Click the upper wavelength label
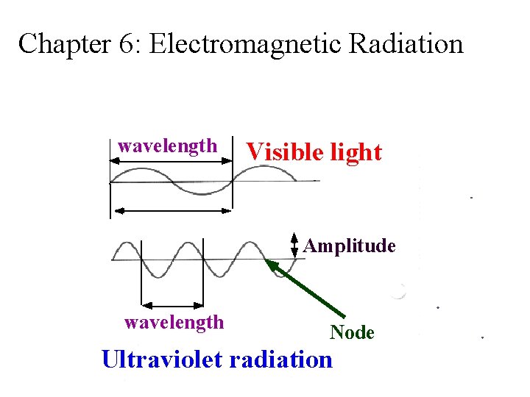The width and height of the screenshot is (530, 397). coord(168,146)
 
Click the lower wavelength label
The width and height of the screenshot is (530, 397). coord(174,321)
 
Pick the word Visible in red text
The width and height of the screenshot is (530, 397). coord(282,152)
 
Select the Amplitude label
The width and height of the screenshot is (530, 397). coord(350,246)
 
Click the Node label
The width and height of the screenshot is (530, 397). coord(352,332)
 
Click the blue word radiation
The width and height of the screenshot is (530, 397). coord(281,360)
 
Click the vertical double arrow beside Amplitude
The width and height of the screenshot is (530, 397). coord(294,246)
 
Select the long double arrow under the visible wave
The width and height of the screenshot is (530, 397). coord(171,211)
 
